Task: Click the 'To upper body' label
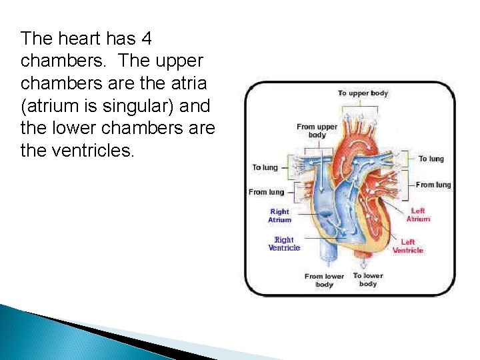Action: tap(363, 93)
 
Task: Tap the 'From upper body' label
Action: tap(317, 131)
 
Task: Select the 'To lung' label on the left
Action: tap(265, 167)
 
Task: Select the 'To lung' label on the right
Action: tap(431, 159)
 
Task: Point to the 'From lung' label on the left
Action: tap(266, 192)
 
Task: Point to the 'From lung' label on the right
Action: tap(433, 185)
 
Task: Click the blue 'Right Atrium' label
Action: tap(280, 215)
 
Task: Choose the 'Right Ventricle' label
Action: tap(284, 244)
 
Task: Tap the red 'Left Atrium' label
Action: tap(419, 215)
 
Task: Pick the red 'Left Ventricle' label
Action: tap(407, 246)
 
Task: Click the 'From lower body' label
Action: tap(324, 280)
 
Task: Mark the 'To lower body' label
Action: tap(368, 279)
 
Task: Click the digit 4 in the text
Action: tap(147, 38)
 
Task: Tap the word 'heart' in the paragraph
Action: tap(73, 38)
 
